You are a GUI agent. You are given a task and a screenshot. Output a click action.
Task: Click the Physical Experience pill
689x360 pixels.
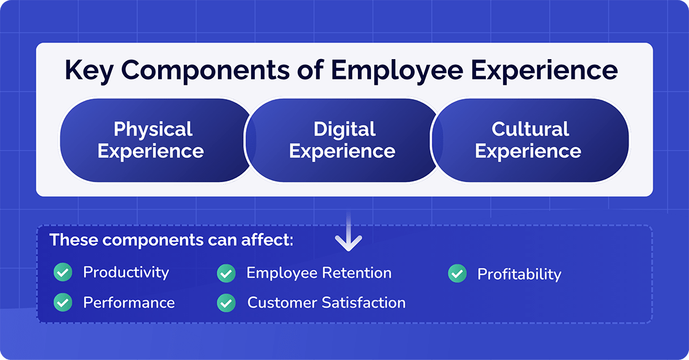pos(151,140)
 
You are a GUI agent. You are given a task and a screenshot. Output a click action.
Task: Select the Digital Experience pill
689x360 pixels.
pos(343,140)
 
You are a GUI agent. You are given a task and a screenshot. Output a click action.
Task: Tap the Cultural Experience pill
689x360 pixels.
pos(529,140)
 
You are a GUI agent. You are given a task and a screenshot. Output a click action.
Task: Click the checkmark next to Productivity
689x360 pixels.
pos(63,272)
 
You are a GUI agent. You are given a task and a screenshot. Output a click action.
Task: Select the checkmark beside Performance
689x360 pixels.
pos(63,302)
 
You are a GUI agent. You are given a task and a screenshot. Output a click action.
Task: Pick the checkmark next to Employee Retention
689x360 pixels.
pos(226,273)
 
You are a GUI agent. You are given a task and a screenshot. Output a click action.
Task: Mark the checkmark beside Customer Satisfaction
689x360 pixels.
pos(226,302)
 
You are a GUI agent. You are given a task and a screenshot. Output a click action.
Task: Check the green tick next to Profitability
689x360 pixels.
pos(457,274)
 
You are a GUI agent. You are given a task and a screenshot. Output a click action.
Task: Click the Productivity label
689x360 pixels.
pos(125,272)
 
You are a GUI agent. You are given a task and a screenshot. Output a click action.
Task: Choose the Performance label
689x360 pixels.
pos(129,302)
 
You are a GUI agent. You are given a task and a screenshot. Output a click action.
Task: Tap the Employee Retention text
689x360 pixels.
pos(319,273)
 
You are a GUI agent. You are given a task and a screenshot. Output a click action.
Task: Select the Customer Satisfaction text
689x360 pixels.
pos(326,302)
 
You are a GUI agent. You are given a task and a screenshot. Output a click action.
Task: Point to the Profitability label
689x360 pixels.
pos(519,274)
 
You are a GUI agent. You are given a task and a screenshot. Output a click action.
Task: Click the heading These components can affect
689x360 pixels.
pos(171,240)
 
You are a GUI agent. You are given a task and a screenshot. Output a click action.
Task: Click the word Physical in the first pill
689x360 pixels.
pos(153,129)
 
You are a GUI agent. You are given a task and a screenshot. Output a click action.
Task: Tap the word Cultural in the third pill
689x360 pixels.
pos(530,129)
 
